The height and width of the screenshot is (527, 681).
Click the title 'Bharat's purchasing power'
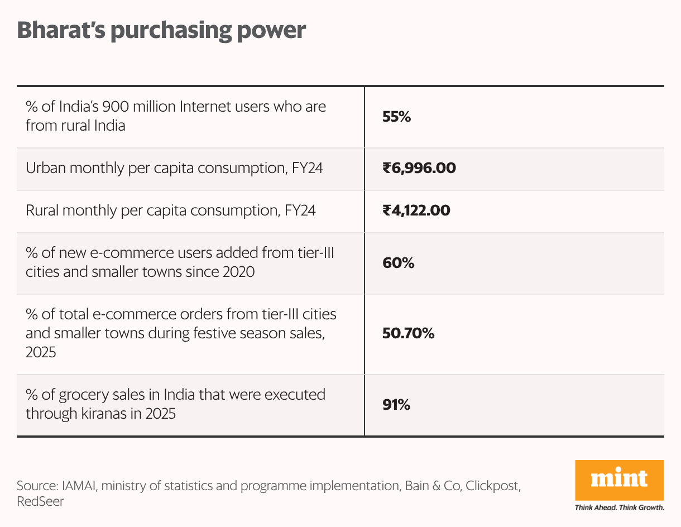[161, 30]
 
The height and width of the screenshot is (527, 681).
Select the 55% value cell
[396, 117]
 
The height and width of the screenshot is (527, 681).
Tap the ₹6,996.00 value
[419, 167]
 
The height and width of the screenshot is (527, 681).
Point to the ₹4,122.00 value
[416, 210]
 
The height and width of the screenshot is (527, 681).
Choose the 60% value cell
[398, 263]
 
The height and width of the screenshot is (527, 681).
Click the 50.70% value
[408, 333]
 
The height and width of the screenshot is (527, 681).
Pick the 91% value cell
[396, 405]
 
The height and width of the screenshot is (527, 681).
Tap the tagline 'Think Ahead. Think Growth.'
[619, 508]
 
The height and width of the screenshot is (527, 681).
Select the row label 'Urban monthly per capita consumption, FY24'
[174, 167]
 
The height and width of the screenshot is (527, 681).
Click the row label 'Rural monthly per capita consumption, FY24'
[171, 210]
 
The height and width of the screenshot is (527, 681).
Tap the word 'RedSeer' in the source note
[40, 501]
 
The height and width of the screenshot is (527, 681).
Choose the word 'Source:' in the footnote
[37, 486]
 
